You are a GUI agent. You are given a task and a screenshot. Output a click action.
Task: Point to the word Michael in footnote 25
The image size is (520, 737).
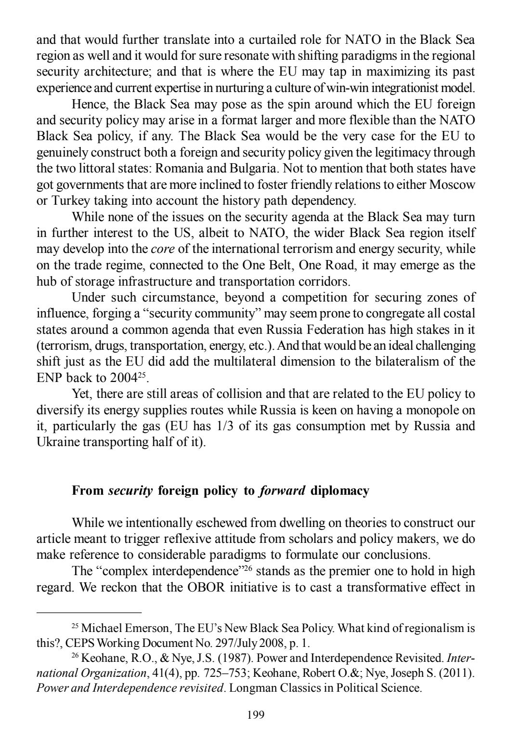[x=101, y=628]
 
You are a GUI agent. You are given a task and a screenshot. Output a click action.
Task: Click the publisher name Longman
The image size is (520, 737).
[x=252, y=688]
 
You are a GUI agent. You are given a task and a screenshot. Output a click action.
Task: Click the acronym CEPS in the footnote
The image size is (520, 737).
[x=79, y=643]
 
